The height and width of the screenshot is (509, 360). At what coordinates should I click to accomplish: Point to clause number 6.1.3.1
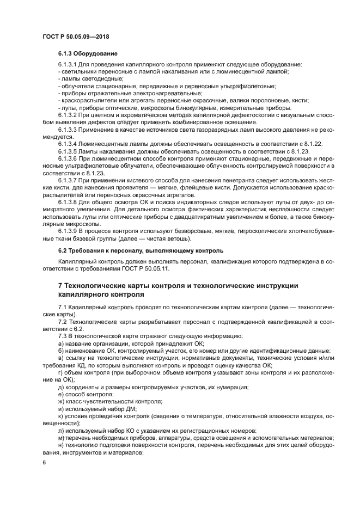pyautogui.click(x=69, y=65)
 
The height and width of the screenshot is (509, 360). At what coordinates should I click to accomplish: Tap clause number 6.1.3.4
pyautogui.click(x=69, y=144)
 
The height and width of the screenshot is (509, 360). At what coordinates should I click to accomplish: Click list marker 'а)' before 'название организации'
pyautogui.click(x=61, y=344)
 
